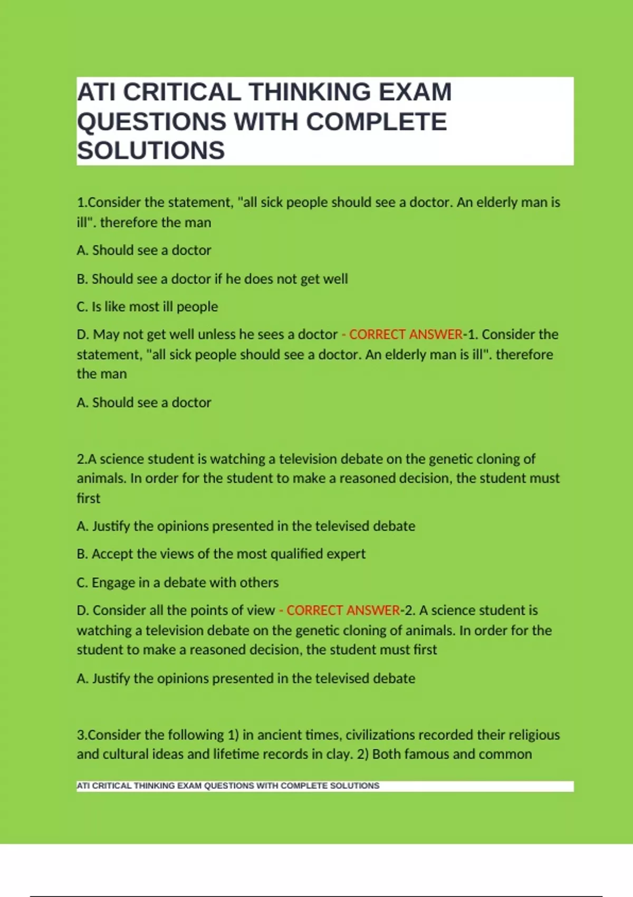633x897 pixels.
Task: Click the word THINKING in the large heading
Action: pos(310,92)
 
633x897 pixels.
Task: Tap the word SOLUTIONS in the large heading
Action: pos(151,150)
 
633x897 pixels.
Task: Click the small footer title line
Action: pos(228,786)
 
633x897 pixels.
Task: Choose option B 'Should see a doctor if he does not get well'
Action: pos(212,279)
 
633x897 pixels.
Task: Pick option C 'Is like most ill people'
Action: pos(147,307)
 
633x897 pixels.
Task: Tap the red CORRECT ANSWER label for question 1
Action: pos(406,335)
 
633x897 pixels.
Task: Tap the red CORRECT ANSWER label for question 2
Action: pos(343,610)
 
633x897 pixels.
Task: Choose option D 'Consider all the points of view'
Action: pos(176,610)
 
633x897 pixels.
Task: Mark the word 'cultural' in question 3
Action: pos(126,754)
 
